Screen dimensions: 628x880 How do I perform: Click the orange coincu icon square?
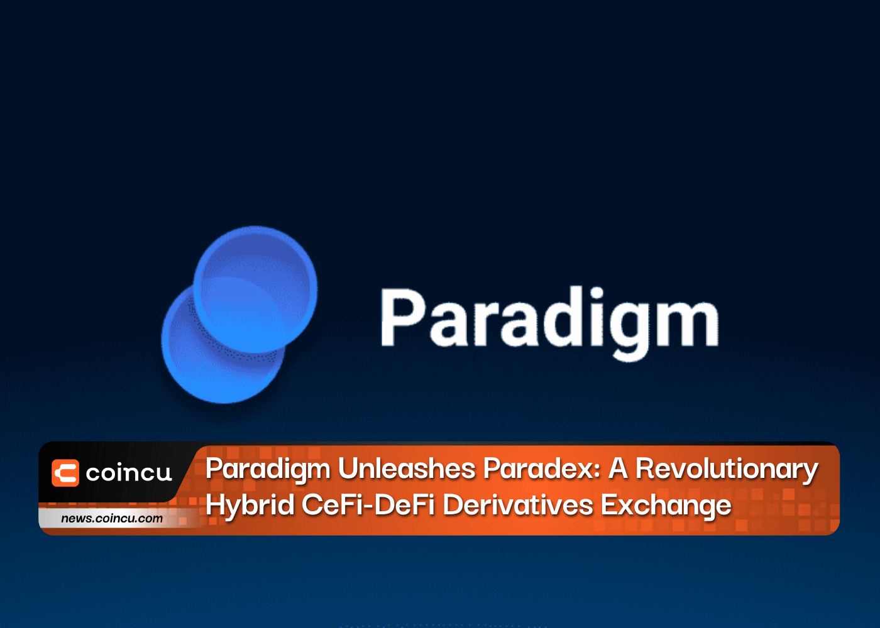pos(65,473)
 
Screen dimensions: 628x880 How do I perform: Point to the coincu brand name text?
pos(129,473)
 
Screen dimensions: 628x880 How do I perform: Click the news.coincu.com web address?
pos(112,518)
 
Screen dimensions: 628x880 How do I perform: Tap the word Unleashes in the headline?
pos(407,468)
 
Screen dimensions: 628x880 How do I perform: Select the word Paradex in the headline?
pos(538,468)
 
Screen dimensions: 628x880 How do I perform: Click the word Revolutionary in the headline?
pos(727,470)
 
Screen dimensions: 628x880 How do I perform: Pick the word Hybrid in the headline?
pos(250,506)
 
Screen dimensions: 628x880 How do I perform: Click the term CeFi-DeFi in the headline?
pos(368,504)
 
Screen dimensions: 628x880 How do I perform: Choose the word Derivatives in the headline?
pos(518,504)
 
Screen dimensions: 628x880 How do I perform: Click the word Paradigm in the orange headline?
pos(268,470)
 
